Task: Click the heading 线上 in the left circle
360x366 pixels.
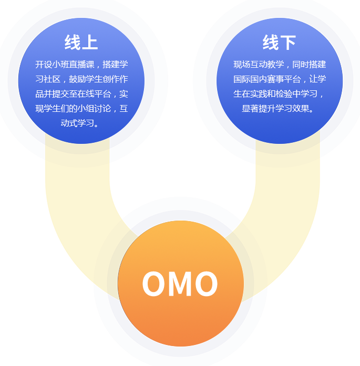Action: point(81,43)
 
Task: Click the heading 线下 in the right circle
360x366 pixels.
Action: point(279,43)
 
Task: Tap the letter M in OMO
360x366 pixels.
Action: point(180,284)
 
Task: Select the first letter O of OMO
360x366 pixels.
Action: point(153,284)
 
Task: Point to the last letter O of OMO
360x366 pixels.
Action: point(206,284)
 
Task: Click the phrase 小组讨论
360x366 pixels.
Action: point(96,109)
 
